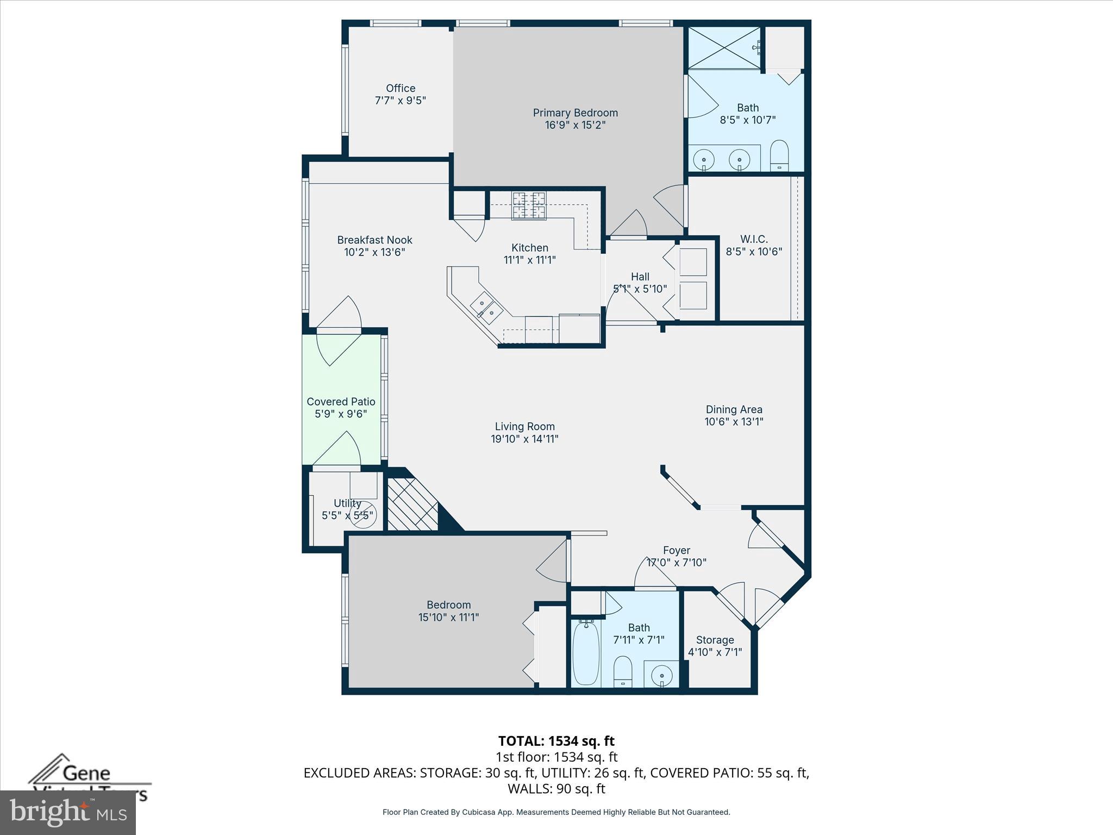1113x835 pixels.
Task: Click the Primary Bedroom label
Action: pos(575,113)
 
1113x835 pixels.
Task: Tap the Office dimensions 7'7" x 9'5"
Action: pos(401,101)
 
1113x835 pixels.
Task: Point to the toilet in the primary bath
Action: pos(779,156)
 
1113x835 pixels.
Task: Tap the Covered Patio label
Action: pos(341,402)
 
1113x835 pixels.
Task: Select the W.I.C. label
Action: pos(754,239)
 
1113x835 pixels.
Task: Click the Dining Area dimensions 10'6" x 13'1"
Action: pos(734,422)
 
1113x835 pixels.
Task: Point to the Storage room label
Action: pos(715,640)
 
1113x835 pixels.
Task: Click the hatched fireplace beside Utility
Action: pos(411,504)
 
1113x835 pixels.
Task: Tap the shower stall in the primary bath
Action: pos(724,48)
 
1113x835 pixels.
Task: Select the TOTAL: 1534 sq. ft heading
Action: pos(556,741)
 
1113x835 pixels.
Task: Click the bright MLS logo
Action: pos(68,812)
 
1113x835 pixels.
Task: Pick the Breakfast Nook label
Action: pos(374,240)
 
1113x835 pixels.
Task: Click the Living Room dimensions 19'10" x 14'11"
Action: pos(524,439)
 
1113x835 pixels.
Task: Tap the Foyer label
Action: pos(676,551)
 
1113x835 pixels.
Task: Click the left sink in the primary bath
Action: pos(704,160)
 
